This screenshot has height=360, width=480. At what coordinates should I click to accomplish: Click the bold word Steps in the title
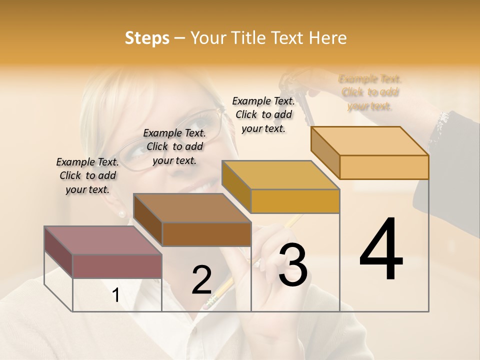click(x=147, y=38)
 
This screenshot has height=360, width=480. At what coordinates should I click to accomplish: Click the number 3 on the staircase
click(x=293, y=265)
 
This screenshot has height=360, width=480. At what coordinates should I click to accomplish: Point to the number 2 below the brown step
click(x=202, y=280)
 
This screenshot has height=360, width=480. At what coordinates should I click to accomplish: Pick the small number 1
click(x=116, y=295)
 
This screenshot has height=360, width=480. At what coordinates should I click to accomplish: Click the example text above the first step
click(x=87, y=175)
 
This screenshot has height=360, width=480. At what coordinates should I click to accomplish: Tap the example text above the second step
click(x=174, y=146)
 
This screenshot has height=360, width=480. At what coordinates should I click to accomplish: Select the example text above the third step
click(x=263, y=114)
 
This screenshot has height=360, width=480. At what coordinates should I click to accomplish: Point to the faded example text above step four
click(x=370, y=92)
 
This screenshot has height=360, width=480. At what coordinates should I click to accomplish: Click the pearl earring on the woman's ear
click(x=121, y=214)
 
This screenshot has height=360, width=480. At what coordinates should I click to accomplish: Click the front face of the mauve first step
click(x=117, y=266)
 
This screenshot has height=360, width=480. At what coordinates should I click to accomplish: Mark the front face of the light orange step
click(x=384, y=167)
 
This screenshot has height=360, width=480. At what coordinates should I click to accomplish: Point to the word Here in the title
click(x=327, y=38)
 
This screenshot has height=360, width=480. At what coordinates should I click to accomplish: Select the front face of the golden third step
click(x=295, y=201)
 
